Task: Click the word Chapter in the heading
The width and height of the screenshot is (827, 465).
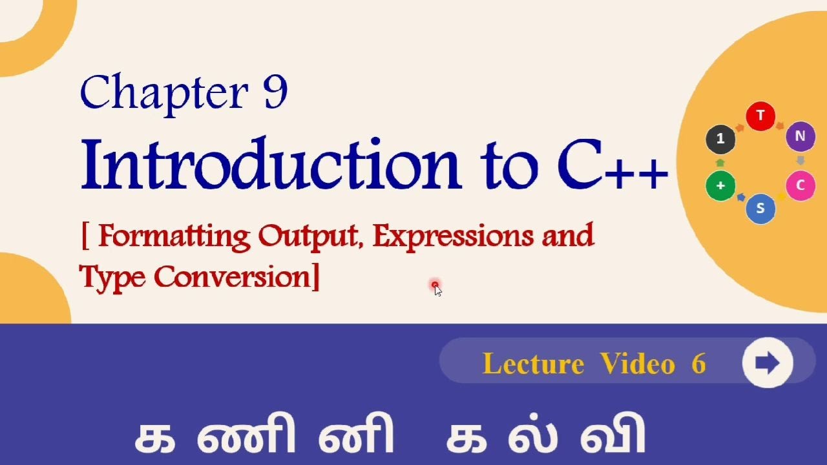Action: [x=164, y=93]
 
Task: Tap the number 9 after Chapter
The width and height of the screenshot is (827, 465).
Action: [x=275, y=93]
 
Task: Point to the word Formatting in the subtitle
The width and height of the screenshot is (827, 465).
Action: [x=174, y=237]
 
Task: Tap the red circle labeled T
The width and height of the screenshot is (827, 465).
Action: [x=760, y=116]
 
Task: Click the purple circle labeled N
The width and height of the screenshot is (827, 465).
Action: [x=800, y=137]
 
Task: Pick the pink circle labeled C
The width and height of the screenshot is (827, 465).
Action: [x=800, y=186]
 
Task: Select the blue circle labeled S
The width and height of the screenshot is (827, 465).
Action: [x=760, y=209]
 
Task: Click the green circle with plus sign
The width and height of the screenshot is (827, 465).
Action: [x=720, y=186]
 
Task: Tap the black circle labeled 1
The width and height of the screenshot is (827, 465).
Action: [x=720, y=138]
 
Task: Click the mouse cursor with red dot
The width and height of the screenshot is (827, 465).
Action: [x=436, y=287]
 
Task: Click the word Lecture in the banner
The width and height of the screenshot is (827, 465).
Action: [x=533, y=364]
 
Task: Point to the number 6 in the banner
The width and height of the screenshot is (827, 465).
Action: [x=698, y=364]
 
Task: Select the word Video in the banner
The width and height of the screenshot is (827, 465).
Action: [x=637, y=364]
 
